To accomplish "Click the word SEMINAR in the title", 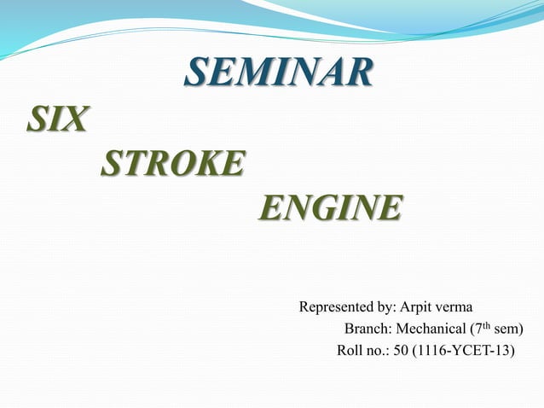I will coord(278,73).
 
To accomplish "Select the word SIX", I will coord(56,119).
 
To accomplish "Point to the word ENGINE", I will coord(328,207).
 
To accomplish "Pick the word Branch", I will coord(365,329).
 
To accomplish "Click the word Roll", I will coord(350,350).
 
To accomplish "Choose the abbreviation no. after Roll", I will coord(378,350).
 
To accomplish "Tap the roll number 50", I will coord(400,350).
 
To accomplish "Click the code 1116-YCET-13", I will coord(464,350).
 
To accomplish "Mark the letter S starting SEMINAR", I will coord(195,73).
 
